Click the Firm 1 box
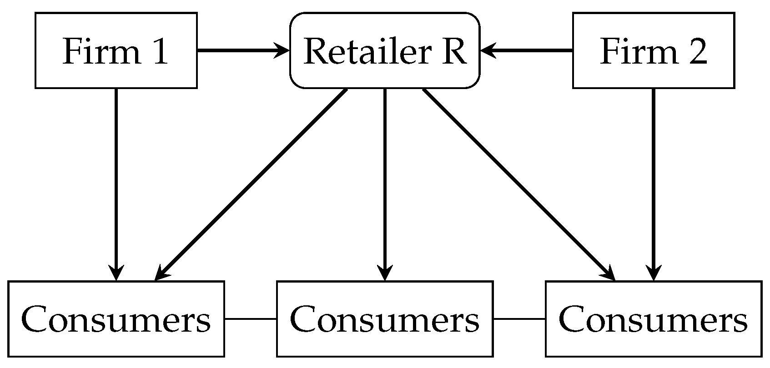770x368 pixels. click(x=116, y=50)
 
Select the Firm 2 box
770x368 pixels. click(x=653, y=50)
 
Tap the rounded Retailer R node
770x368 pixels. click(x=385, y=50)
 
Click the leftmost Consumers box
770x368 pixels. click(x=116, y=318)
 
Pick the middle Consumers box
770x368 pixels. click(x=385, y=318)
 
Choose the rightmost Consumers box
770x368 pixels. click(x=653, y=318)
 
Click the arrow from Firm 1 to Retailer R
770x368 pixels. click(x=241, y=50)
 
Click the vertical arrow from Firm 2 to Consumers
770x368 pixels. click(x=654, y=182)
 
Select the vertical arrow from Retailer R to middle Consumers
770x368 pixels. click(x=385, y=182)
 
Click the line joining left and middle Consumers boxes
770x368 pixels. click(x=250, y=318)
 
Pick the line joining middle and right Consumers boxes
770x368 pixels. click(x=519, y=318)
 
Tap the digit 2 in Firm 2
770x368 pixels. click(x=697, y=51)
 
